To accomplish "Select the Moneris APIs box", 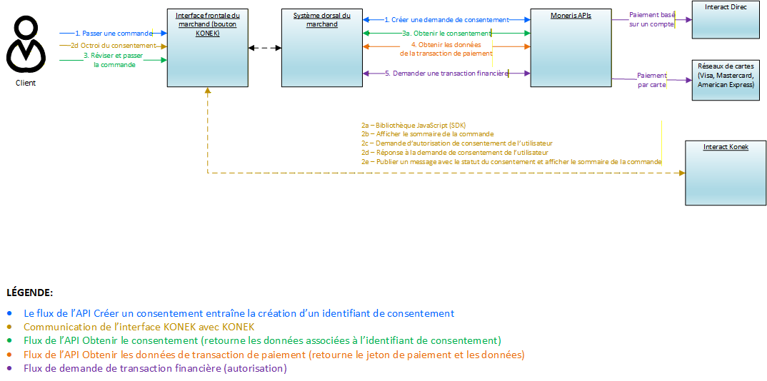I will click(x=571, y=49).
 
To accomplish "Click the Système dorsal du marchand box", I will click(x=322, y=49).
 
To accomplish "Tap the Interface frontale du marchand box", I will click(x=207, y=49).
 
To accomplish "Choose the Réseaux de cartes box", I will click(x=726, y=81).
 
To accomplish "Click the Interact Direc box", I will click(x=726, y=20).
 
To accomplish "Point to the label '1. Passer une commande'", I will click(x=114, y=33).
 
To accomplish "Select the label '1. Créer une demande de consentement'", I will click(x=446, y=20).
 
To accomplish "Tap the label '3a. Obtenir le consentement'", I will click(x=446, y=33).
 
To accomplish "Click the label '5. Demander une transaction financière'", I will click(x=446, y=73).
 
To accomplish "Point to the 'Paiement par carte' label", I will click(x=652, y=79).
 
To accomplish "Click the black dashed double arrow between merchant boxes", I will click(x=265, y=49).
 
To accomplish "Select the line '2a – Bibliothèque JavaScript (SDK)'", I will click(x=413, y=125).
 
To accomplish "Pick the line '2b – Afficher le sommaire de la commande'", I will click(x=427, y=134).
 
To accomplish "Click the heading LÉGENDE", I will click(x=29, y=293).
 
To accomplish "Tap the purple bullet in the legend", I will click(x=10, y=369).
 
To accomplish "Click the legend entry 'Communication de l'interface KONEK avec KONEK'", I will click(x=139, y=327).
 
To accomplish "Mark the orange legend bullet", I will click(x=10, y=355).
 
